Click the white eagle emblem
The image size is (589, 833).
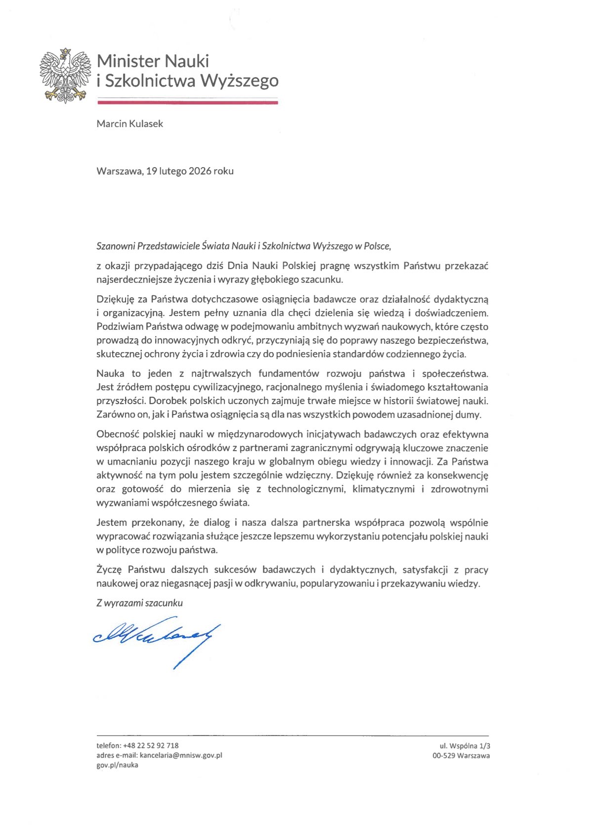pos(65,76)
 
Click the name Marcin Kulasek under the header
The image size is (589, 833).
pos(129,124)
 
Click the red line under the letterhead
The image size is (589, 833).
pos(188,102)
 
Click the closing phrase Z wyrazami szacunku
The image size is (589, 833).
pos(139,603)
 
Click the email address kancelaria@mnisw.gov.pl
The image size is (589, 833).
pos(181,755)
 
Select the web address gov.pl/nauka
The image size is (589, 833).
pos(117,765)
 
